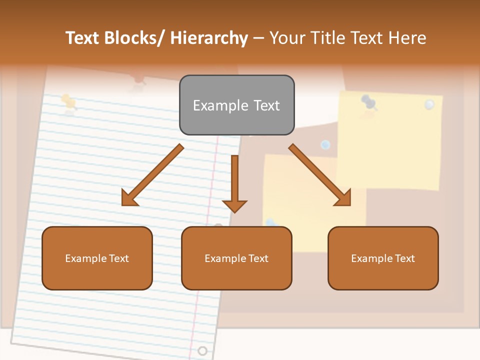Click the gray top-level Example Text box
coord(236,105)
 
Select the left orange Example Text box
coord(97,258)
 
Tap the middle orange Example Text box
coord(236,258)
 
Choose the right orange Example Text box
coord(383,258)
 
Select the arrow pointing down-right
coord(320,175)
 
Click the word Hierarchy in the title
coord(209,38)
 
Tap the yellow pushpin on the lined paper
coord(68,102)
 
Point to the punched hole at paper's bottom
coord(202,350)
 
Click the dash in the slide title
coord(258,38)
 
